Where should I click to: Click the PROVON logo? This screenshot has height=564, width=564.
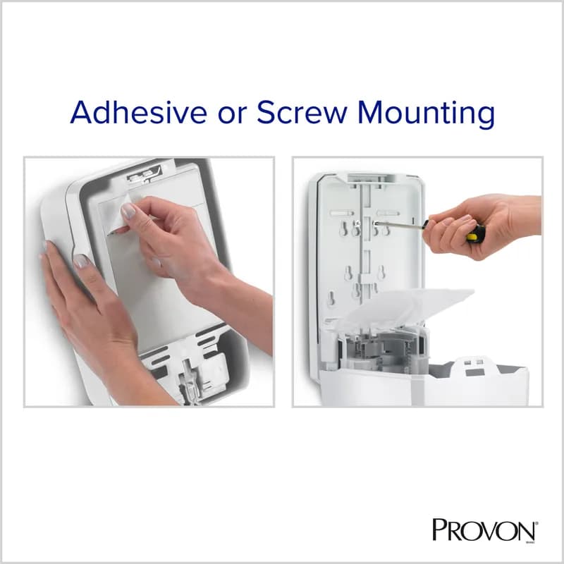(x=486, y=529)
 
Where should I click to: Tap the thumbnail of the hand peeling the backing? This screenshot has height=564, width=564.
(x=128, y=211)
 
